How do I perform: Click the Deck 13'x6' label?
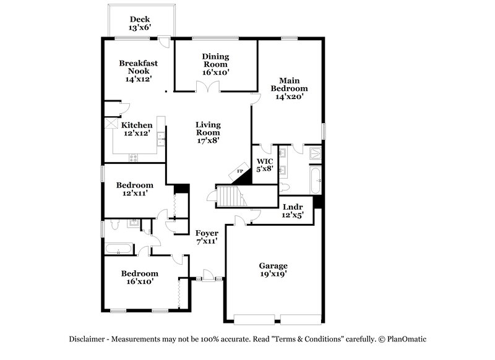click(x=140, y=24)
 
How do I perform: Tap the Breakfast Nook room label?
click(x=139, y=71)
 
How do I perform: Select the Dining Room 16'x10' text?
click(x=215, y=64)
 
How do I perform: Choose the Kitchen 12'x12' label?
click(x=136, y=129)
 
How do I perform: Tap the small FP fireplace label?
click(x=240, y=172)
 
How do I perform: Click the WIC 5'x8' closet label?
click(x=265, y=165)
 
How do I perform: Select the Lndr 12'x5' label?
click(x=293, y=210)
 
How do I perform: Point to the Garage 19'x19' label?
click(x=273, y=270)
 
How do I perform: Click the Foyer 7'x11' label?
click(x=207, y=237)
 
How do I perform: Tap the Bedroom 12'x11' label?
click(x=135, y=189)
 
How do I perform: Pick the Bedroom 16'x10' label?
click(x=139, y=277)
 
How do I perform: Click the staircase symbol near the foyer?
click(x=230, y=196)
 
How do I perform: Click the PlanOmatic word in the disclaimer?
click(x=407, y=339)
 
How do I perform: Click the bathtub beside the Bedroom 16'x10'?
click(x=118, y=249)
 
